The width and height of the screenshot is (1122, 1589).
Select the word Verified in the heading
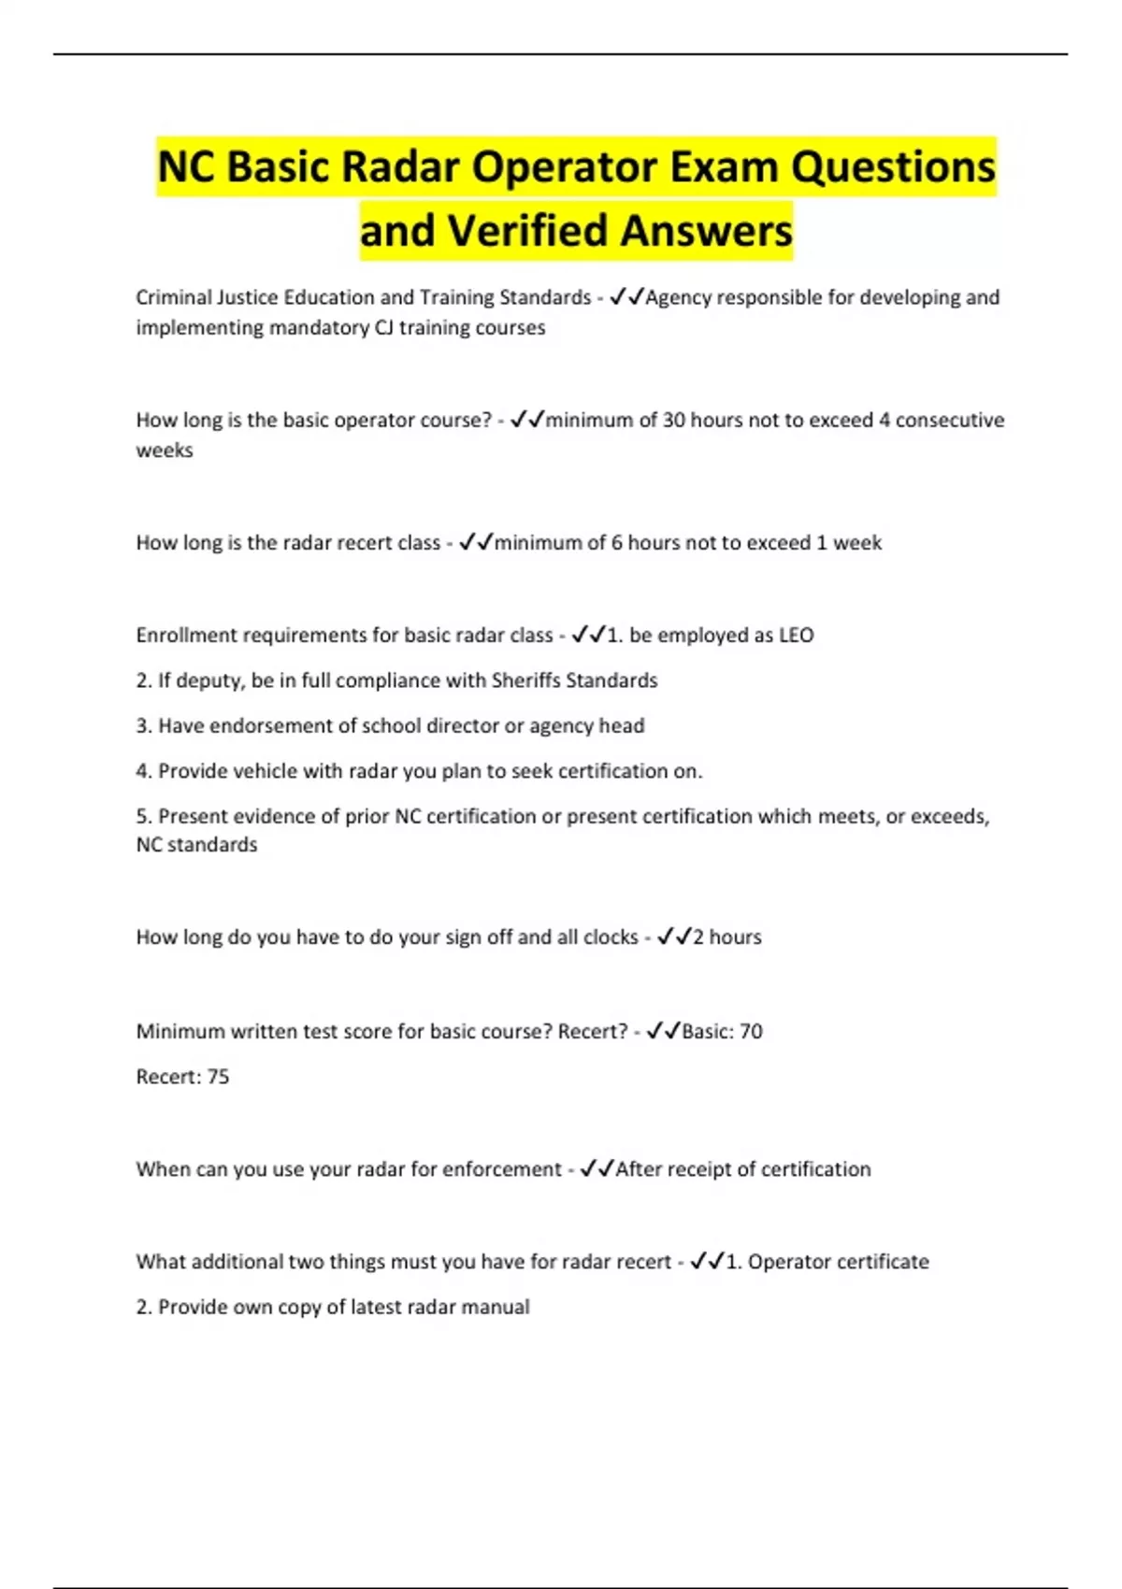pos(527,231)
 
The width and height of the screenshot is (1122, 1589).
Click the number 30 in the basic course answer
pos(674,420)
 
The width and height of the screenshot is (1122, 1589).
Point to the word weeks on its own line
pos(165,450)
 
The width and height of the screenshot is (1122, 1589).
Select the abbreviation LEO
pos(797,635)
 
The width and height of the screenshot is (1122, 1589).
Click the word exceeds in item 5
pos(949,816)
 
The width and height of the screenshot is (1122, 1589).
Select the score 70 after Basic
pos(751,1031)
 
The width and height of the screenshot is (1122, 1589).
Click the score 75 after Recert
pos(218,1076)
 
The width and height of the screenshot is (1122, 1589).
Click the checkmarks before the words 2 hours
pos(674,937)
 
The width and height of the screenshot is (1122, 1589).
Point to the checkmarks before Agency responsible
pos(626,297)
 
